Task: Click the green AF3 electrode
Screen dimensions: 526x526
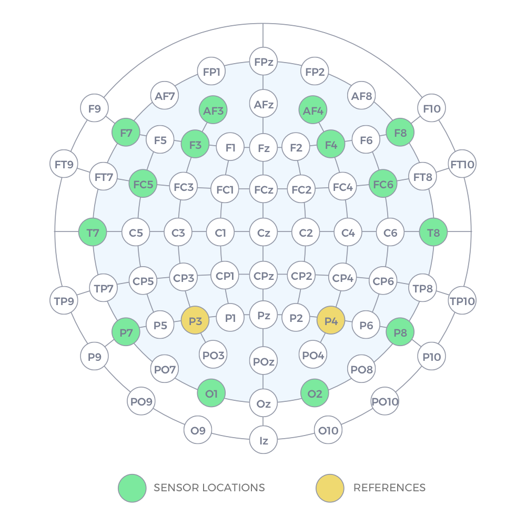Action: [x=213, y=110]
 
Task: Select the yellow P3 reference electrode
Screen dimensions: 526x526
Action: [x=195, y=321]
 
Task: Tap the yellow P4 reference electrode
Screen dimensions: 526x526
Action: [x=331, y=321]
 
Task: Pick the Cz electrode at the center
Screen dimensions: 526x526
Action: [x=263, y=232]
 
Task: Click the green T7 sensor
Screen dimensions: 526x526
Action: [x=93, y=232]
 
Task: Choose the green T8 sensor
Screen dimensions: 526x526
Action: [x=433, y=232]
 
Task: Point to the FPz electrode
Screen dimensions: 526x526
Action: [x=263, y=62]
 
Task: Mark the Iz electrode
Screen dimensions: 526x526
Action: [x=263, y=440]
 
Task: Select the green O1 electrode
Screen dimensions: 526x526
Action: [x=211, y=393]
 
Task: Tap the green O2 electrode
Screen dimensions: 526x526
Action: [x=315, y=393]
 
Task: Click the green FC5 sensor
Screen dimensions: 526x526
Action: [x=143, y=184]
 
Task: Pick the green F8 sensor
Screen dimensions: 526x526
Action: [x=400, y=133]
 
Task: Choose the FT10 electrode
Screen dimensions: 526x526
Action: [x=462, y=165]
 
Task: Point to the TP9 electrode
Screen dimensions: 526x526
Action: [x=64, y=301]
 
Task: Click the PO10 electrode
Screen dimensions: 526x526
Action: [x=385, y=402]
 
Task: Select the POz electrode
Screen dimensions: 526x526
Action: [x=263, y=361]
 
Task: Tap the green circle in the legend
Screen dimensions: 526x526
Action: [x=132, y=488]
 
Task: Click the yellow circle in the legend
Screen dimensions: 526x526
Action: [x=330, y=488]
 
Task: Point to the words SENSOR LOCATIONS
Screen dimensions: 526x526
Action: [x=209, y=488]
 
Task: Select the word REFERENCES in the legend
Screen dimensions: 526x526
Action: [x=389, y=488]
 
